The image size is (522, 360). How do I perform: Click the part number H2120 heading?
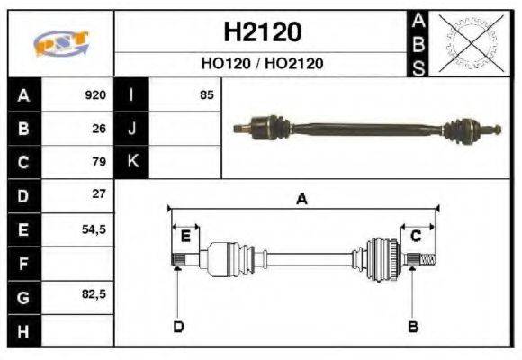(262, 32)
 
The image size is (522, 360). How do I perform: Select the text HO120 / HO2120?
(262, 64)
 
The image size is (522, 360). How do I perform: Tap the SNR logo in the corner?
(60, 42)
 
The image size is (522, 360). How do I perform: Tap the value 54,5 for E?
(94, 229)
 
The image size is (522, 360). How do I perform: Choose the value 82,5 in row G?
(94, 294)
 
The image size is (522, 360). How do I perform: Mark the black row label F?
(23, 263)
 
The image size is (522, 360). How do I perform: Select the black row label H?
(23, 329)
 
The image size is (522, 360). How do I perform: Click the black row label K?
(132, 162)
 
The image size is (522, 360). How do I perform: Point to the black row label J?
(132, 129)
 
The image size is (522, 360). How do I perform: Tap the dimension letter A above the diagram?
(302, 200)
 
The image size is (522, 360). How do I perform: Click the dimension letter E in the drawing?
(184, 237)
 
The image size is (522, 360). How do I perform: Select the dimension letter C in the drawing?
(416, 237)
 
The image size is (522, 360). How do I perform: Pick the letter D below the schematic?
(178, 326)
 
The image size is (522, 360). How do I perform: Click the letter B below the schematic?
(413, 326)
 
